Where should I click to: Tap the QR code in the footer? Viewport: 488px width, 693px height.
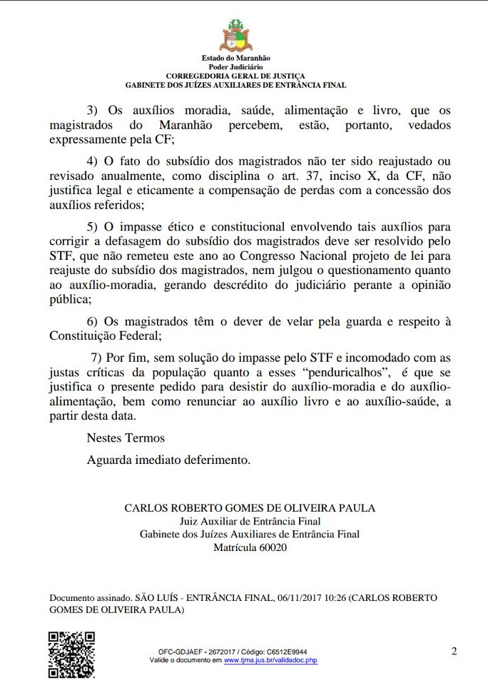click(x=71, y=654)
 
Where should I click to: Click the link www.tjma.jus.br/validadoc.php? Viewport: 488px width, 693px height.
click(x=270, y=661)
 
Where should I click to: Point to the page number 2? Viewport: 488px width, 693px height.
click(x=454, y=651)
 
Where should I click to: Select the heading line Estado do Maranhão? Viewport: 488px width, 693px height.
click(x=235, y=58)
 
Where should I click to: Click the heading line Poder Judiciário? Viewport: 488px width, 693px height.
click(x=235, y=66)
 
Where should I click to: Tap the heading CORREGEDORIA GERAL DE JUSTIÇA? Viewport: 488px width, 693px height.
click(x=235, y=76)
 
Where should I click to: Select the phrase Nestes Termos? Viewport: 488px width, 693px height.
click(x=126, y=437)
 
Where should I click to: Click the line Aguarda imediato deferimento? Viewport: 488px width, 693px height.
click(x=168, y=460)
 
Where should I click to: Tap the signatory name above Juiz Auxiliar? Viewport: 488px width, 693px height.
click(x=250, y=508)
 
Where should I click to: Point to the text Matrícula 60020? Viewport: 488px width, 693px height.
click(x=250, y=547)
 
